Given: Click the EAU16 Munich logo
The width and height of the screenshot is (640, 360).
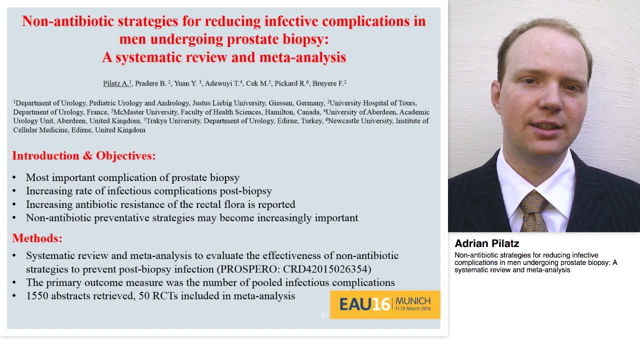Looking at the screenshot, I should (x=385, y=304).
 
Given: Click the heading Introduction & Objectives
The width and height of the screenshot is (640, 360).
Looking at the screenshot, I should (x=84, y=156).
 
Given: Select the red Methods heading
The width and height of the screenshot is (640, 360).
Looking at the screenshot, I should (x=37, y=238).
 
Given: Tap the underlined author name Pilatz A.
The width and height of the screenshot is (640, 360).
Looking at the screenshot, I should (x=116, y=83).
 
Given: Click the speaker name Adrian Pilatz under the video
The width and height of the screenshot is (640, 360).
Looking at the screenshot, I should (x=486, y=243).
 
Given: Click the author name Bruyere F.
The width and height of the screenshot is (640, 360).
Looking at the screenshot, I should (x=328, y=83).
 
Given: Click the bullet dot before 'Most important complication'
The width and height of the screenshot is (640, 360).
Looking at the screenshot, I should (x=14, y=178).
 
